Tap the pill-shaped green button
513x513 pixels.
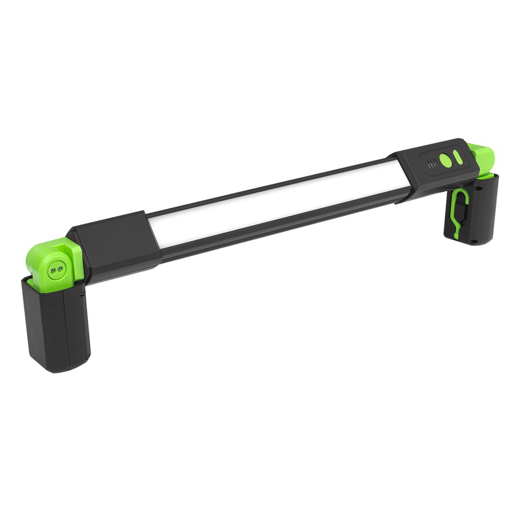[x=458, y=157]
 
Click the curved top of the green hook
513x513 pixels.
[x=461, y=191]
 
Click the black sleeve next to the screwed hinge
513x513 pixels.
[x=111, y=232]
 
